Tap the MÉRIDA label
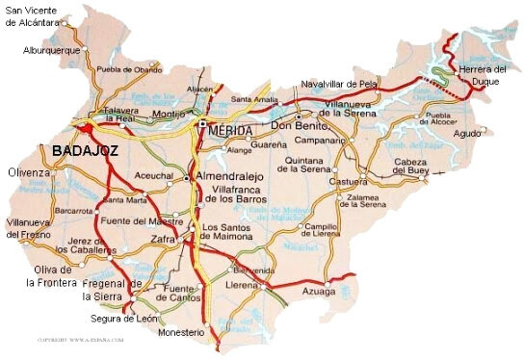coord(231,130)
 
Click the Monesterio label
coord(182,332)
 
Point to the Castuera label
coord(349,180)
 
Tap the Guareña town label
coord(268,145)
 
